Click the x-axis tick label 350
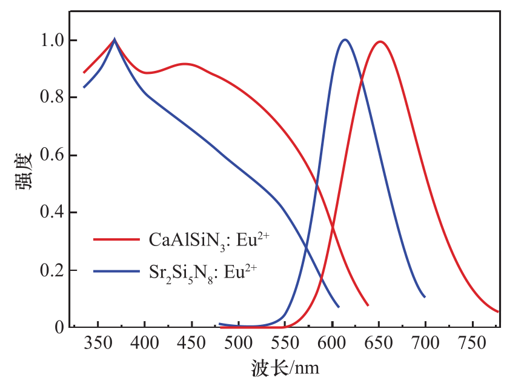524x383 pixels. coord(98,344)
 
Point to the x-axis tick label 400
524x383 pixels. coord(145,344)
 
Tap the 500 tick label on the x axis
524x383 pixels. coord(238,344)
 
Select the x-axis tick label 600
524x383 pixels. coord(332,344)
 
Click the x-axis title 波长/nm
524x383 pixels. coord(285,367)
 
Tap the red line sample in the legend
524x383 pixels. coord(116,239)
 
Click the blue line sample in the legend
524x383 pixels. coord(116,271)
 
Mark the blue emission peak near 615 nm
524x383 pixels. coord(345,40)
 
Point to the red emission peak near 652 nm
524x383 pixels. coord(380,42)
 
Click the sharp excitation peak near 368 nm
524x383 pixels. coord(114,40)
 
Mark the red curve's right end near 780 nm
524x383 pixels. coord(498,311)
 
